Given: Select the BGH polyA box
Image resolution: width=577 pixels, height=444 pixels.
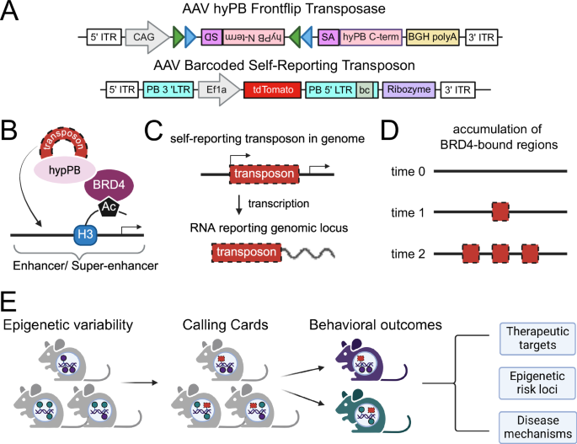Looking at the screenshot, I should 431,37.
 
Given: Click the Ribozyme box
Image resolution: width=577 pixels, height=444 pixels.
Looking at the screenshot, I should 409,88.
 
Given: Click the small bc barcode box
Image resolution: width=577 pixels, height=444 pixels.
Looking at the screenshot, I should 363,88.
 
